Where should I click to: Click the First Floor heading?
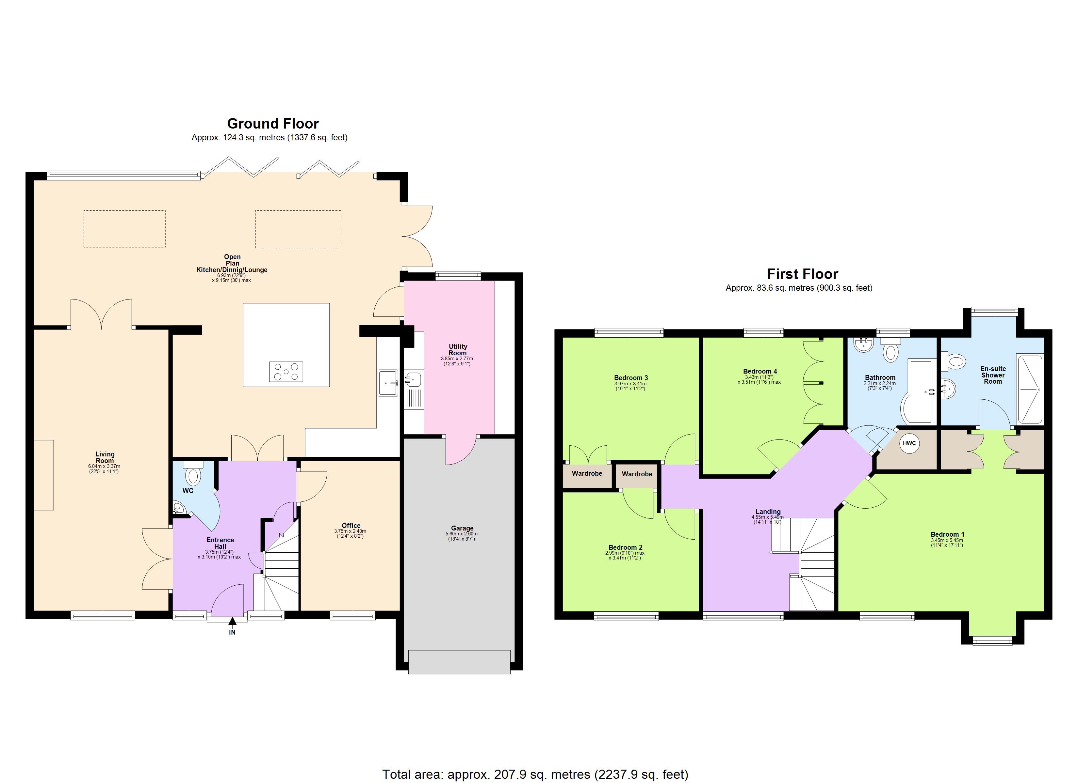[x=802, y=274]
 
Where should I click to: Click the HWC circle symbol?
[x=909, y=443]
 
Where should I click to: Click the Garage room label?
[x=462, y=528]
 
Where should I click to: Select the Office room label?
[x=351, y=526]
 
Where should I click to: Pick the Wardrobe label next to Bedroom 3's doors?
[x=587, y=473]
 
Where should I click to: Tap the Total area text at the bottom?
[x=535, y=775]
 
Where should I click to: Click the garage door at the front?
[x=459, y=661]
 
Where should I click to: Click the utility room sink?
[x=414, y=380]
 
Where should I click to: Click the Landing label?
[x=768, y=511]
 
